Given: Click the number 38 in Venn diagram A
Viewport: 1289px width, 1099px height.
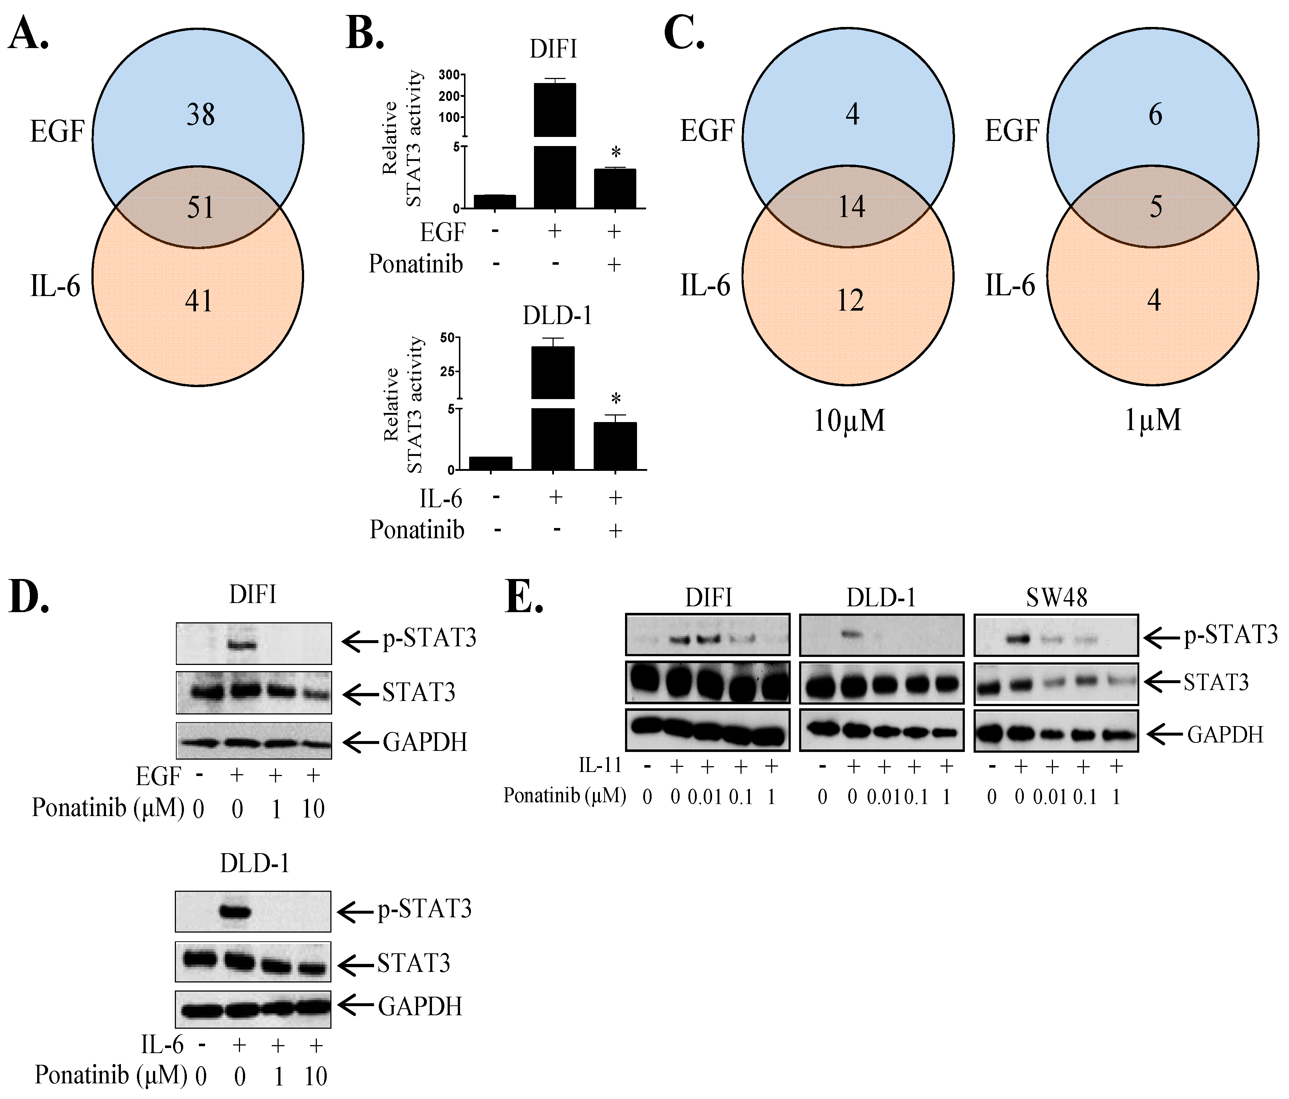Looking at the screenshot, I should [200, 115].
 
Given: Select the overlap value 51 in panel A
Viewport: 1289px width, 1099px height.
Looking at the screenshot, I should [200, 207].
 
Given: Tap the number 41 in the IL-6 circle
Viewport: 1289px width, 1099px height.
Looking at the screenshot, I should [199, 301].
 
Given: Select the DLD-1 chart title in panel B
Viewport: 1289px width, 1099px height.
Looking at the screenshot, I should [557, 316].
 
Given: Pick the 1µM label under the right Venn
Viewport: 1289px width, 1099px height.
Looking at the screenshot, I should [1152, 421].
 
